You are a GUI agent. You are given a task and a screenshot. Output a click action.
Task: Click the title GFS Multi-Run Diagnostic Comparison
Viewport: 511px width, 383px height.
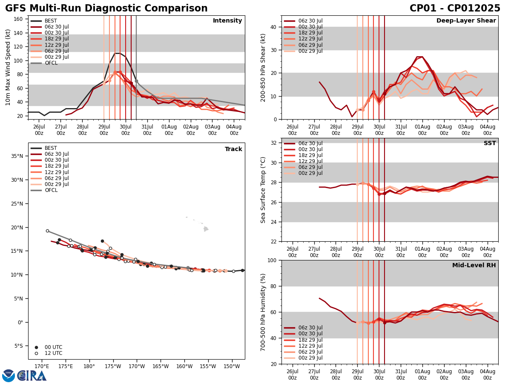[106, 9]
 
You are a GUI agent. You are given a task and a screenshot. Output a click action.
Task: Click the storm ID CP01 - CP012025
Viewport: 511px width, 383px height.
[455, 9]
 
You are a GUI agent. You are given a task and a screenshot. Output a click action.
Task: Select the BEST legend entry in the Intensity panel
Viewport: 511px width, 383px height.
[50, 21]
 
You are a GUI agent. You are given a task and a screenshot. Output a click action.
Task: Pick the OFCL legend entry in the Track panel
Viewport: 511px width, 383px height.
[50, 190]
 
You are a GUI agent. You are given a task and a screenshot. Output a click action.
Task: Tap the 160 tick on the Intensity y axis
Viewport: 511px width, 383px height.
[19, 19]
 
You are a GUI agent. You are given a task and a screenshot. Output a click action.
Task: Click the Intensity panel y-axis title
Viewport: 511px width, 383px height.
[8, 67]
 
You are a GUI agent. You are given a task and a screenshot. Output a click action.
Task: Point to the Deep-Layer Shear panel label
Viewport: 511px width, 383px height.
[466, 21]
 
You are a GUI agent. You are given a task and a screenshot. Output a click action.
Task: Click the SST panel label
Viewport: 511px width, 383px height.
[489, 143]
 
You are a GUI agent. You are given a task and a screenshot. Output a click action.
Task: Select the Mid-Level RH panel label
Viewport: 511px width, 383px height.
[474, 266]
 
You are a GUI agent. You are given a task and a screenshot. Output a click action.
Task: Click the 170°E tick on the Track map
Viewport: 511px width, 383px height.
[42, 366]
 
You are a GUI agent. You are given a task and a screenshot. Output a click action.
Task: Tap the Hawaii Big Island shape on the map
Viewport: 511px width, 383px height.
[206, 229]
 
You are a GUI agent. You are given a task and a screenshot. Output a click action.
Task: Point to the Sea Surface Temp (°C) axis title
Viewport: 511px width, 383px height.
[263, 190]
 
